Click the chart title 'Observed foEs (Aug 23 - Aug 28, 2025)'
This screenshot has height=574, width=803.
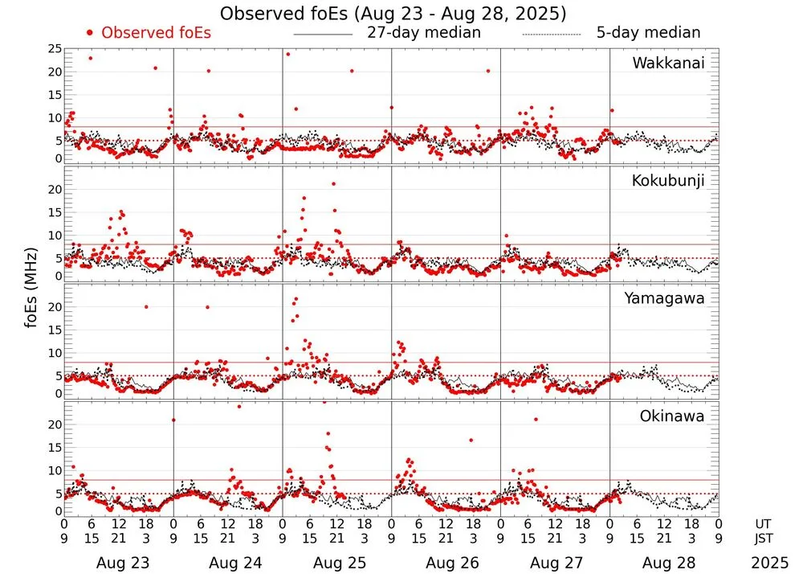[x=393, y=14]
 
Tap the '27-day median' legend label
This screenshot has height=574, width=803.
[x=423, y=33]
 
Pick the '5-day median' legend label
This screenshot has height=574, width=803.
[x=648, y=33]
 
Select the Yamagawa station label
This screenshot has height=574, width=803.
[x=664, y=298]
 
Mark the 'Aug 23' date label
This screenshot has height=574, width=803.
[x=118, y=564]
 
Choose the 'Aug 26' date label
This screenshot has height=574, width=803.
[x=446, y=564]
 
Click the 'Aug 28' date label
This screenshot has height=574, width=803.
[x=664, y=564]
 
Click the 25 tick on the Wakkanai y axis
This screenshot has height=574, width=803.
[x=54, y=49]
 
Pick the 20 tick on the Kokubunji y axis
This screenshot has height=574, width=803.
[x=54, y=190]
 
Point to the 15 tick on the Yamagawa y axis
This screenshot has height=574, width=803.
[x=54, y=330]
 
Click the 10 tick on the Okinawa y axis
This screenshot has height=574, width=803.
[x=54, y=470]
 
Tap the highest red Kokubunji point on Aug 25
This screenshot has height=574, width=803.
[x=333, y=183]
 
